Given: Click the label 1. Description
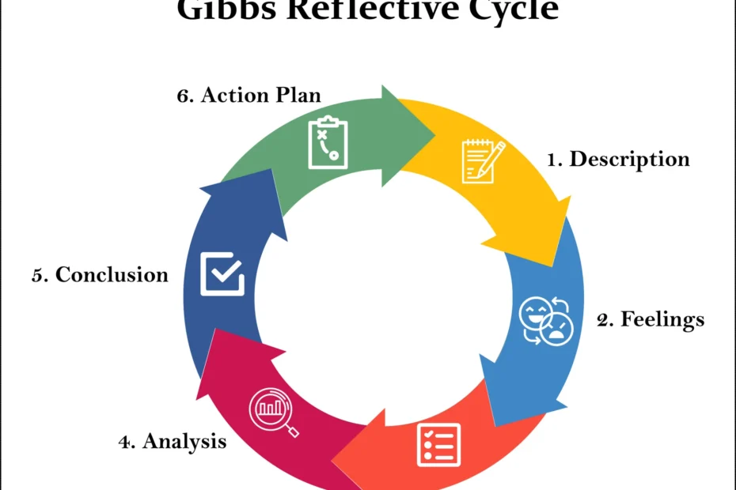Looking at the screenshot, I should [618, 159].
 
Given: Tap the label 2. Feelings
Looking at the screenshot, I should [650, 319].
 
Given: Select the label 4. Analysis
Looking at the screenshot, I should [173, 441].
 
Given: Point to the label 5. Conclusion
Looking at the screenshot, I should [101, 275].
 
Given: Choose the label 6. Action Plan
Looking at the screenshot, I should [248, 95].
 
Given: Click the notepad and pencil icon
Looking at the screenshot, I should [483, 160].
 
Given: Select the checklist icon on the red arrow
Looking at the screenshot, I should [438, 445].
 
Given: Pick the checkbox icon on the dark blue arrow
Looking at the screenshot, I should [222, 273].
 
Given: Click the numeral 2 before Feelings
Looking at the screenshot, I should [605, 319].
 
